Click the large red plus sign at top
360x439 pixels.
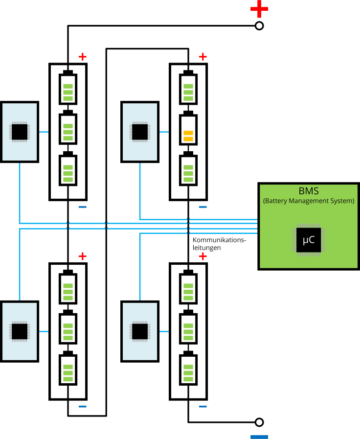[x=259, y=8]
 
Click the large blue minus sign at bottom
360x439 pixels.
[x=259, y=437]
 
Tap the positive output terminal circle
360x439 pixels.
[x=260, y=26]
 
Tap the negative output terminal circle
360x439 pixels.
[x=260, y=422]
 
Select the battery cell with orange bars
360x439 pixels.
[x=188, y=129]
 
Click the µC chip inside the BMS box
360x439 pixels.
[x=309, y=240]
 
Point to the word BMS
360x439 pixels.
[x=309, y=191]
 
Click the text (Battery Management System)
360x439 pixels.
[x=309, y=201]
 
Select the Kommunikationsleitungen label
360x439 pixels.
[x=219, y=244]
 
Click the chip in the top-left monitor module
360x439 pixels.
[x=20, y=132]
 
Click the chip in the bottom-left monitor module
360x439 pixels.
[x=20, y=331]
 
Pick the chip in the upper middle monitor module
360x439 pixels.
[x=140, y=132]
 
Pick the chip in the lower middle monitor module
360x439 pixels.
[x=140, y=331]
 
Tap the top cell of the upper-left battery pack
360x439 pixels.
[x=68, y=89]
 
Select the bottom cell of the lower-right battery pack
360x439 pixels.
[x=188, y=369]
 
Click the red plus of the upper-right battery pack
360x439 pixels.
[x=203, y=57]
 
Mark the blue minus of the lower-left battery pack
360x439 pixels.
[x=82, y=407]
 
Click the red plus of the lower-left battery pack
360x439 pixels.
[x=82, y=256]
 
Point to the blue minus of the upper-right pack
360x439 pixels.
[x=203, y=207]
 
